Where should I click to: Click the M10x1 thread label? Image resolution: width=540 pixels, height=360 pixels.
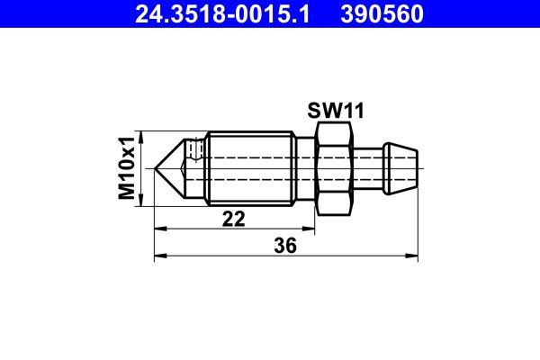[129, 167]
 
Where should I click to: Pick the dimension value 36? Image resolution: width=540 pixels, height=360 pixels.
[286, 244]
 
